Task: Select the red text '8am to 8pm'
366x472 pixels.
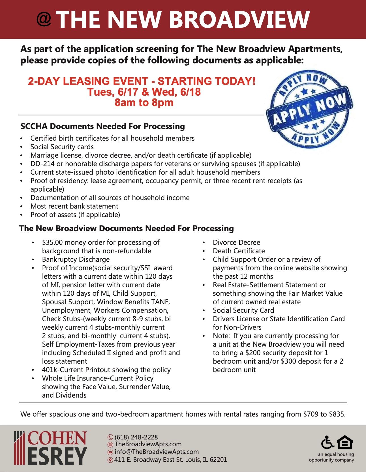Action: coord(144,102)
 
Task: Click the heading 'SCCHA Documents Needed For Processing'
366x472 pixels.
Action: coord(102,126)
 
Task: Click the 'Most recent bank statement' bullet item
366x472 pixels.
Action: coord(74,206)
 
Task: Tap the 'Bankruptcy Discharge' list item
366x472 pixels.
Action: coord(76,259)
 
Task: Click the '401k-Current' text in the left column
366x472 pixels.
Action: coord(63,370)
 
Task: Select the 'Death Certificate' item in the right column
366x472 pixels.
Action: coord(239,251)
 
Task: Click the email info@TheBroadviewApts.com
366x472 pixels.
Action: coord(157,452)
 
